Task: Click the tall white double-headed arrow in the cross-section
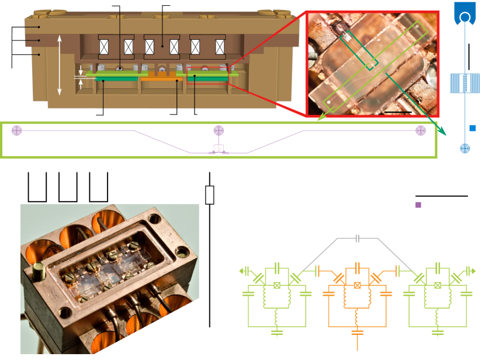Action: pos(60,64)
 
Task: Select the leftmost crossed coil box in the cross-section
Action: pos(105,47)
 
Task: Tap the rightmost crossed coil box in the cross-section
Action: pos(220,47)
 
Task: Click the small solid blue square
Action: pos(473,128)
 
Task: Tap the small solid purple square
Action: pos(418,205)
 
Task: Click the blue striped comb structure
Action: pos(465,84)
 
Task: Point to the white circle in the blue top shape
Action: pos(465,18)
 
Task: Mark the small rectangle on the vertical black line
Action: pos(210,195)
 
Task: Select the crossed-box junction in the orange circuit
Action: pos(357,285)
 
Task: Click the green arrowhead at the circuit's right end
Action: pos(473,271)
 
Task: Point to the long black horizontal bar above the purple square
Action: pos(441,196)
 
